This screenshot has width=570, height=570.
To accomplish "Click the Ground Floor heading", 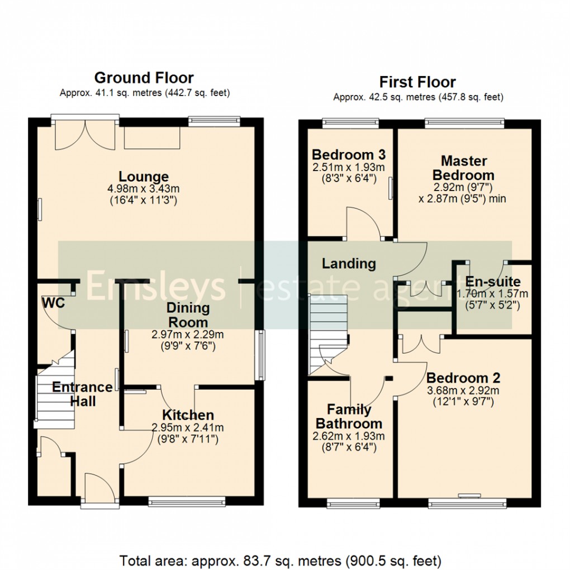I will (x=144, y=78).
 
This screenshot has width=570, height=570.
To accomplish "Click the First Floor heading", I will (x=417, y=82).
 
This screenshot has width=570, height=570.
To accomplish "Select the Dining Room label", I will (x=188, y=315).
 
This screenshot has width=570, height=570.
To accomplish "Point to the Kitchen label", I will (x=188, y=415).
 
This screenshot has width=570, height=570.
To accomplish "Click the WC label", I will (x=53, y=303).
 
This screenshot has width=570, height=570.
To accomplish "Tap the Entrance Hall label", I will (x=82, y=393).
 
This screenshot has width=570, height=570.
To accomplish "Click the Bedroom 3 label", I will (x=348, y=155).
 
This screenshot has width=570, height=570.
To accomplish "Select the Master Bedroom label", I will (x=463, y=168).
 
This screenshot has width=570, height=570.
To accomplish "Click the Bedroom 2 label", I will (x=463, y=378).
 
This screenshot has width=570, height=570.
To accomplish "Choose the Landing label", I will (x=349, y=263).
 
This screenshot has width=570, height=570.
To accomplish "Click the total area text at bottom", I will (x=281, y=559).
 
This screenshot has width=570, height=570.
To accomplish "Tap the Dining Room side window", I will (x=260, y=356).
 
